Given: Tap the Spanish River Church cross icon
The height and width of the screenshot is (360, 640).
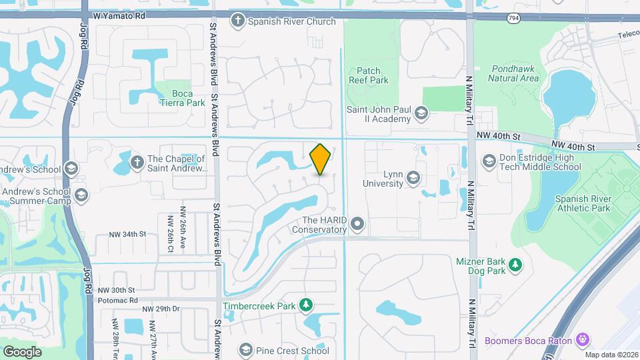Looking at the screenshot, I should (237, 21).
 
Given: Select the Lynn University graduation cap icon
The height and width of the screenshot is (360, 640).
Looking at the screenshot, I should (413, 177).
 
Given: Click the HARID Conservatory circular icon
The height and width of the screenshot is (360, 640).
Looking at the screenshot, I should (357, 225).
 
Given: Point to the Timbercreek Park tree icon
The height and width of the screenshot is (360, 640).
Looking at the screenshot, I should (305, 305).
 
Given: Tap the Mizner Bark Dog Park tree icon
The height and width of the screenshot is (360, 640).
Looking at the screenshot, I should (515, 266).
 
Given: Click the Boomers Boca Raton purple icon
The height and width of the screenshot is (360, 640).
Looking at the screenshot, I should (583, 340).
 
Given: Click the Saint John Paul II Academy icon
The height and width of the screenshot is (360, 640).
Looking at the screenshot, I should (421, 113).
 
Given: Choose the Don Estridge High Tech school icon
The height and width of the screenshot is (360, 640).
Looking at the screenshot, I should (489, 161).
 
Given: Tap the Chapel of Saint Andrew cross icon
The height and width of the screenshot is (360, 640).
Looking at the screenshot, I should (137, 161).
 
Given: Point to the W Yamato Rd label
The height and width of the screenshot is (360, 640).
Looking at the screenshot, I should (119, 14).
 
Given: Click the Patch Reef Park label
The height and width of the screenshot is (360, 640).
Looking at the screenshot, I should (368, 75).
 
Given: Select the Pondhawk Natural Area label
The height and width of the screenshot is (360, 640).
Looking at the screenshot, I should (513, 73).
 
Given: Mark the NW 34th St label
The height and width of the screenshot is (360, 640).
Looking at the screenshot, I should (127, 234).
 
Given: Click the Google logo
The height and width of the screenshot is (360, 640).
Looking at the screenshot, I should (22, 351).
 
